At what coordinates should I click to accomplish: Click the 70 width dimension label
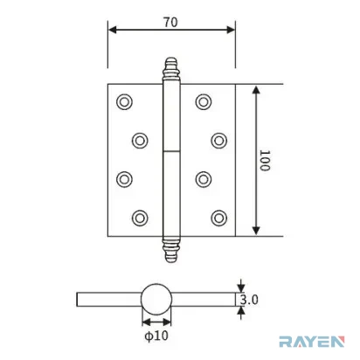(x=170, y=22)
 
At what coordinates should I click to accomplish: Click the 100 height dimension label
(x=265, y=161)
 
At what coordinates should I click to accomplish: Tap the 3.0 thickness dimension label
(x=249, y=300)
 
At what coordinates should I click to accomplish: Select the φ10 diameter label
(x=156, y=336)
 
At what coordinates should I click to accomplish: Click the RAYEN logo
(x=311, y=342)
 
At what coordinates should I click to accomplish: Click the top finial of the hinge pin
(x=171, y=68)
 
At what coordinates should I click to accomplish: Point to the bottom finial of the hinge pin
(x=171, y=249)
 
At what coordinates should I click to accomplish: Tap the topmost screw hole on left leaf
(x=124, y=102)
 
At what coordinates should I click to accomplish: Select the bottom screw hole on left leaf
(x=140, y=218)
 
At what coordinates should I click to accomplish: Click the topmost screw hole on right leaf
(x=204, y=101)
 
